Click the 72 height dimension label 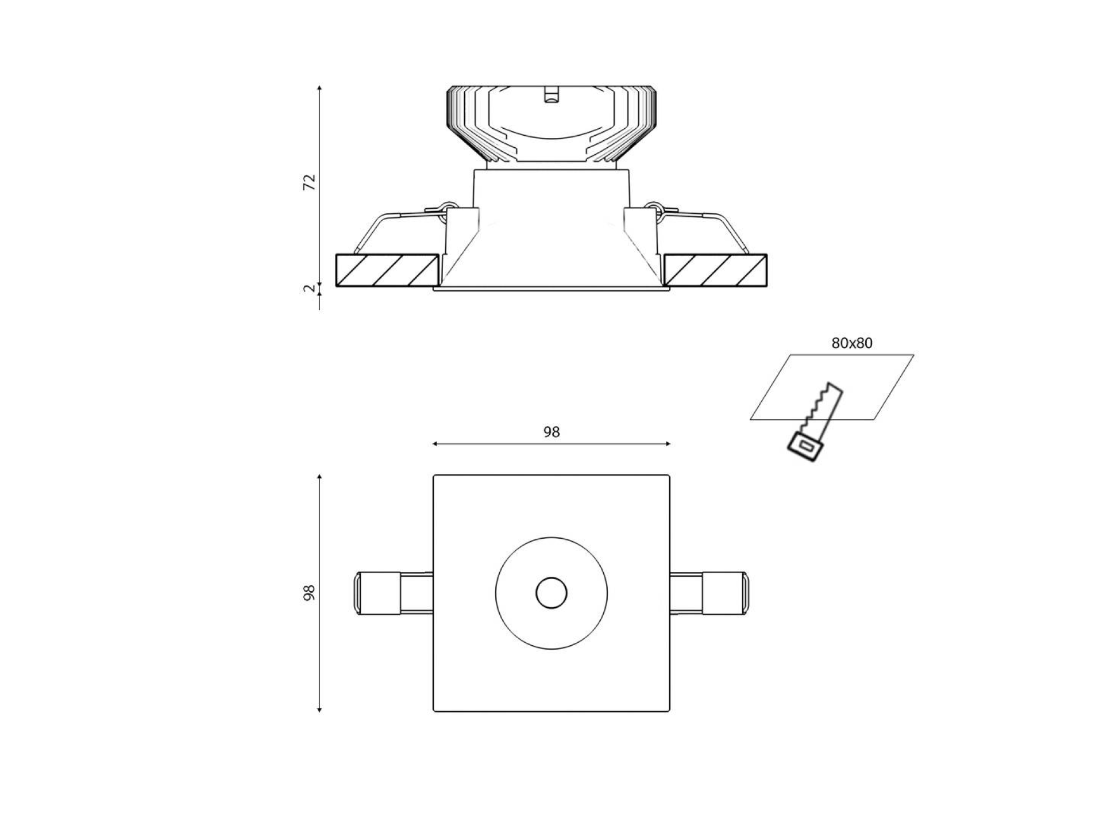[x=310, y=182]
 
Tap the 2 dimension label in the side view [x=310, y=289]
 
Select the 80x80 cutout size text [x=852, y=343]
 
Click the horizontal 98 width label [x=551, y=432]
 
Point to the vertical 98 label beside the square [x=310, y=593]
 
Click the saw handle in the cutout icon [x=805, y=447]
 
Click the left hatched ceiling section [x=387, y=270]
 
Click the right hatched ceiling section [x=716, y=270]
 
